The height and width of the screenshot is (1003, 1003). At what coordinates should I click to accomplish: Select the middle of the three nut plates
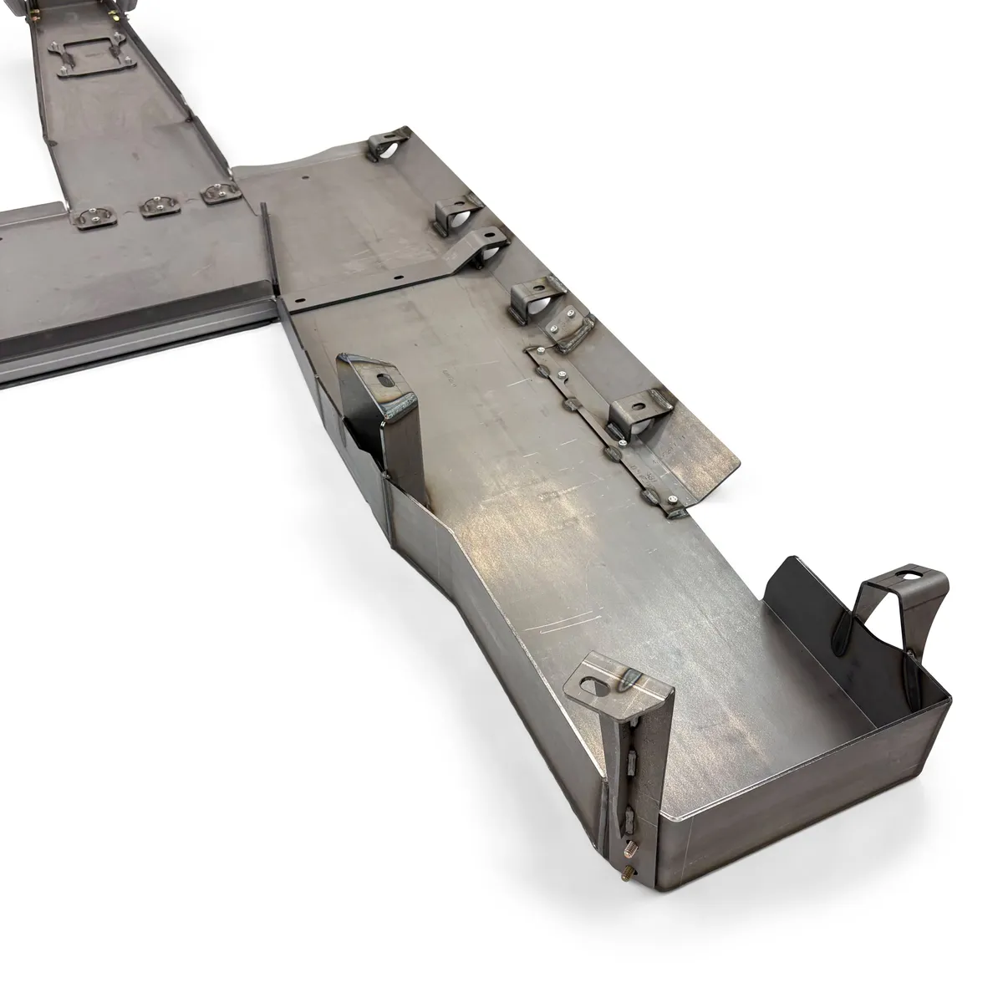[155, 204]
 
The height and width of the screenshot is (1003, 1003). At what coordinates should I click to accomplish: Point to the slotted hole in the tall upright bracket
[384, 379]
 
